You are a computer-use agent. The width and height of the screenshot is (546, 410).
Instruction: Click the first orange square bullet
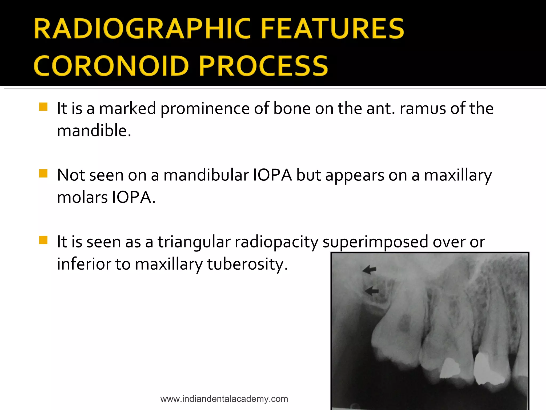43,107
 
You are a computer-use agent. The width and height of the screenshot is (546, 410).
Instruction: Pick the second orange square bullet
43,174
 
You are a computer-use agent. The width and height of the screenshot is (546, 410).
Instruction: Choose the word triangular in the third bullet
194,242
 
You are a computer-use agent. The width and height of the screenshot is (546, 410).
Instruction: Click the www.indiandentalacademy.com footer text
224,399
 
